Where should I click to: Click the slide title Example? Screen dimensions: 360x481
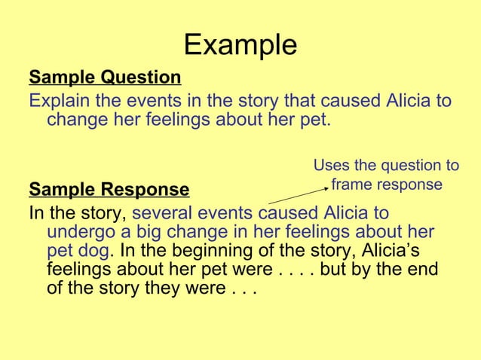click(x=240, y=45)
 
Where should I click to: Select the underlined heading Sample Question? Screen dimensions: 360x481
click(x=105, y=78)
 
